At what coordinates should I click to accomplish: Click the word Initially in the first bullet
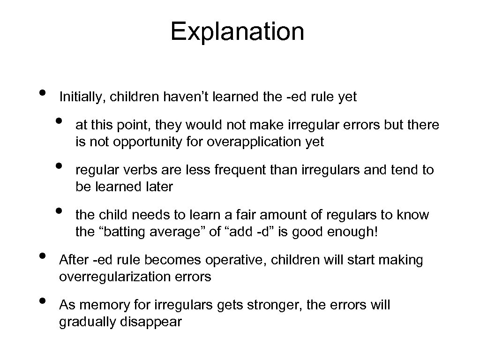78,97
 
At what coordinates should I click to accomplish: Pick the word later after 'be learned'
158,187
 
